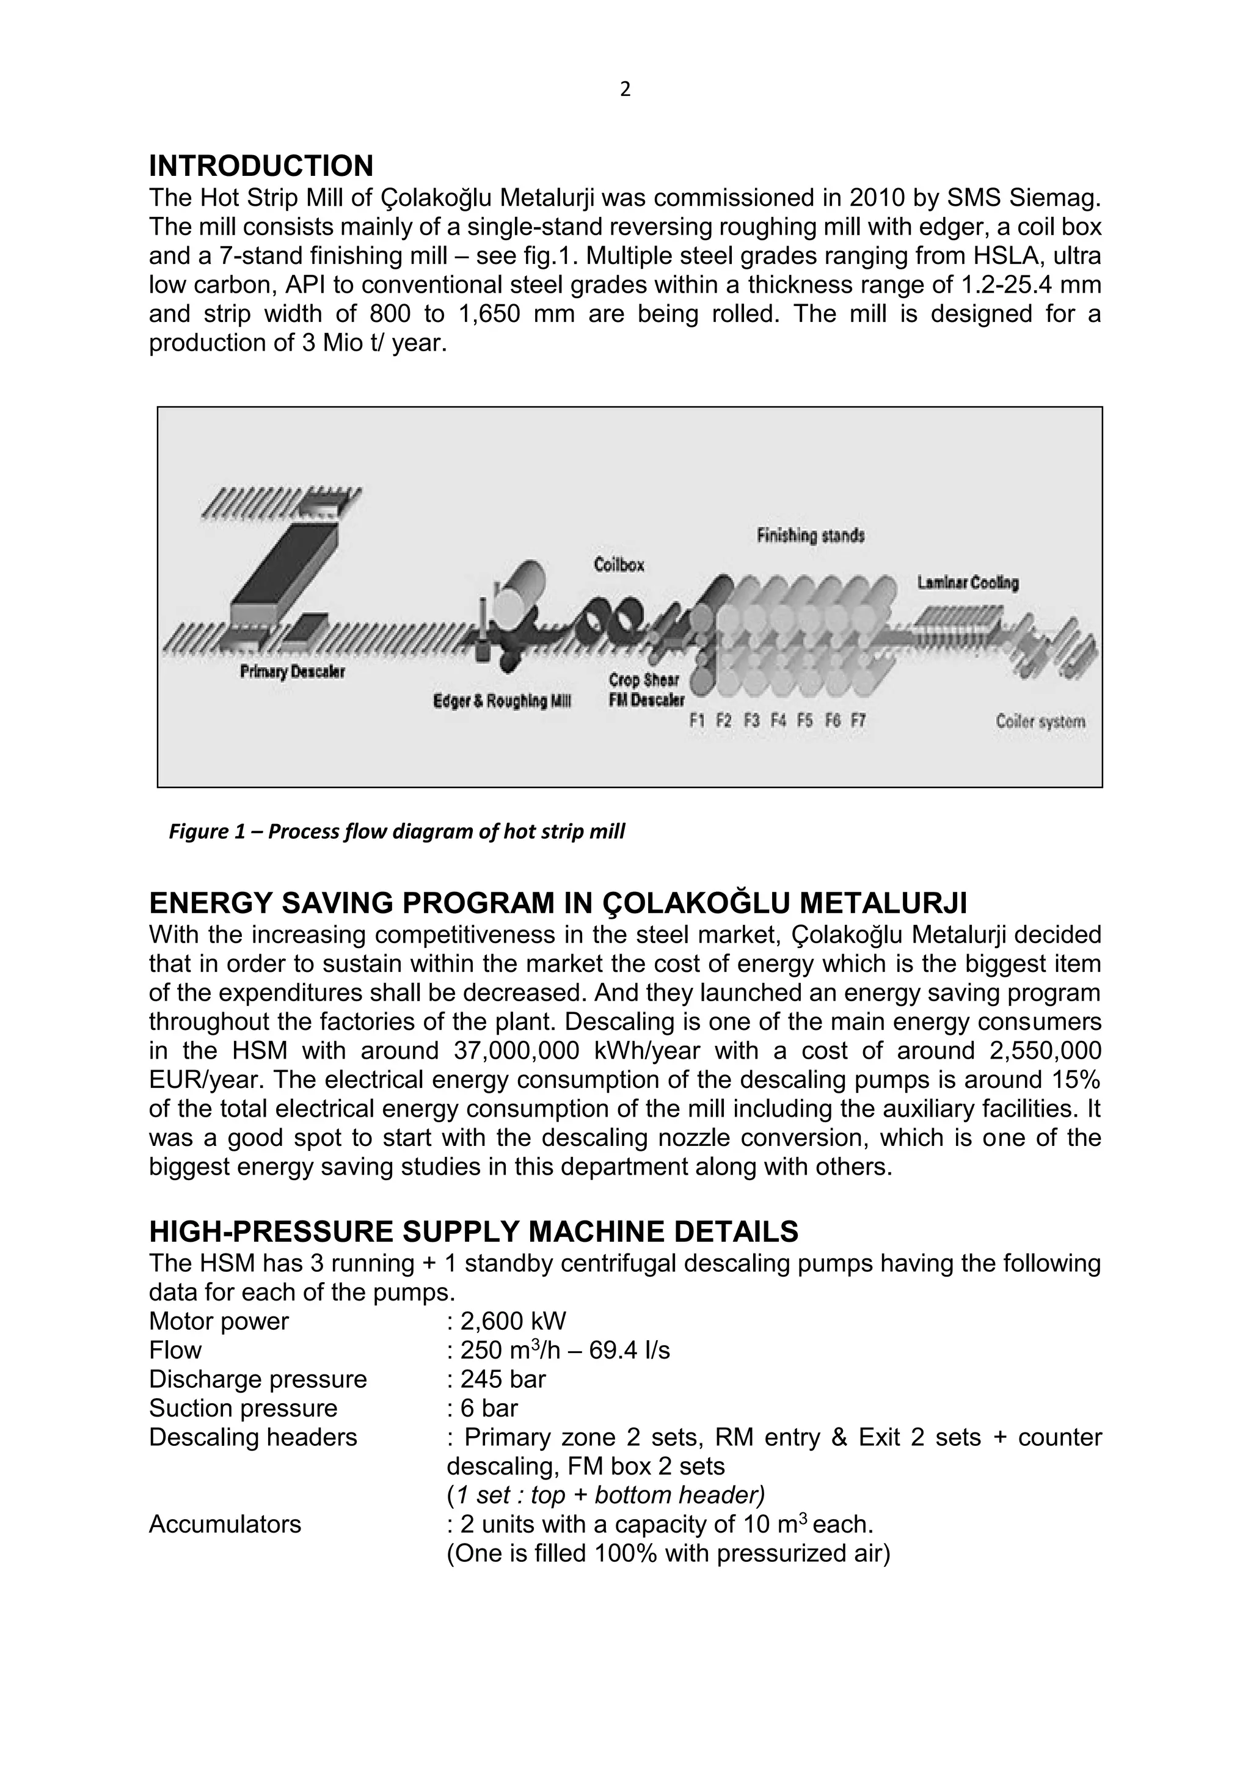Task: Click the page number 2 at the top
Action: pos(625,90)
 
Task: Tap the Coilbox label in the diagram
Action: pos(619,566)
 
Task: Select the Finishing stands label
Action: pos(809,534)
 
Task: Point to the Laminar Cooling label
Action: pos(968,583)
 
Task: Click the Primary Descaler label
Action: pos(292,672)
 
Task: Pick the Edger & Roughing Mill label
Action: pos(501,701)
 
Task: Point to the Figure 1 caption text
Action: pos(396,832)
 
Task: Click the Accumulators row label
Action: pos(224,1524)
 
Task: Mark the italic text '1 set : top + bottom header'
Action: pos(605,1495)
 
